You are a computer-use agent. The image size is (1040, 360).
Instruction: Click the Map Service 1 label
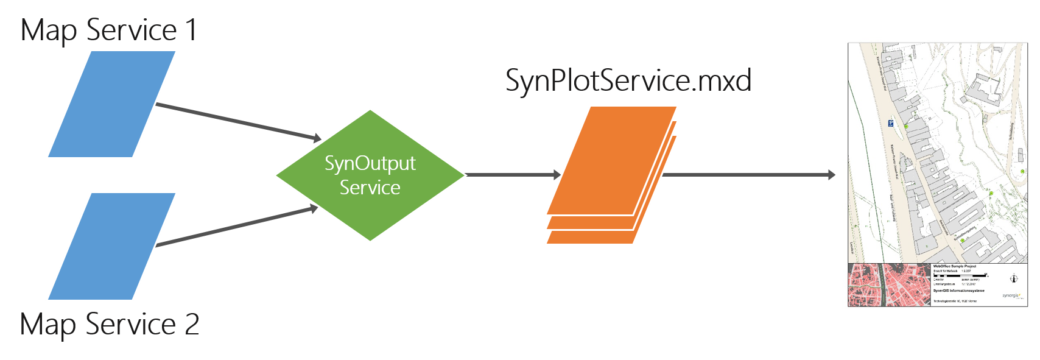pyautogui.click(x=108, y=30)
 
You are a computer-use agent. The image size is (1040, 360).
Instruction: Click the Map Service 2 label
pyautogui.click(x=108, y=324)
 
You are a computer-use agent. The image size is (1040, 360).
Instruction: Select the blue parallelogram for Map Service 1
pyautogui.click(x=111, y=104)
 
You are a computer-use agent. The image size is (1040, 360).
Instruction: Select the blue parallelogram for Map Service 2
pyautogui.click(x=111, y=246)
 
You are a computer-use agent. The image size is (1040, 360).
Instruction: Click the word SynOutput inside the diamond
pyautogui.click(x=370, y=164)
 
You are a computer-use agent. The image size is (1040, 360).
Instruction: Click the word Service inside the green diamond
pyautogui.click(x=370, y=188)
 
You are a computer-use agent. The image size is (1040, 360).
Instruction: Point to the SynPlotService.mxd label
pyautogui.click(x=628, y=80)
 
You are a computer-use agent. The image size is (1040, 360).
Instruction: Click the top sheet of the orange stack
pyautogui.click(x=611, y=160)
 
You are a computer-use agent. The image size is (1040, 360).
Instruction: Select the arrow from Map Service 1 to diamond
pyautogui.click(x=237, y=122)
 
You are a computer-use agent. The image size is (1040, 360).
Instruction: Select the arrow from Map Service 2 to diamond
pyautogui.click(x=237, y=227)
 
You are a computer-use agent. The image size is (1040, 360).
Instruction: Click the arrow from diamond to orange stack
pyautogui.click(x=511, y=175)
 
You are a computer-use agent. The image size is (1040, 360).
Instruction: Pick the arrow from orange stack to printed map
pyautogui.click(x=749, y=175)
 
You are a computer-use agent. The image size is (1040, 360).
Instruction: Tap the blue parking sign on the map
pyautogui.click(x=890, y=124)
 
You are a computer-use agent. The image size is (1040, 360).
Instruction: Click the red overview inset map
pyautogui.click(x=889, y=285)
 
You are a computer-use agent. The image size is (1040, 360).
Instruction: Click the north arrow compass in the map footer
pyautogui.click(x=1014, y=279)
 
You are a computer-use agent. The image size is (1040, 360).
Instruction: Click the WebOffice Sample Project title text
pyautogui.click(x=954, y=266)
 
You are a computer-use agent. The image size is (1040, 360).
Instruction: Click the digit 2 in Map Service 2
pyautogui.click(x=192, y=324)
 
